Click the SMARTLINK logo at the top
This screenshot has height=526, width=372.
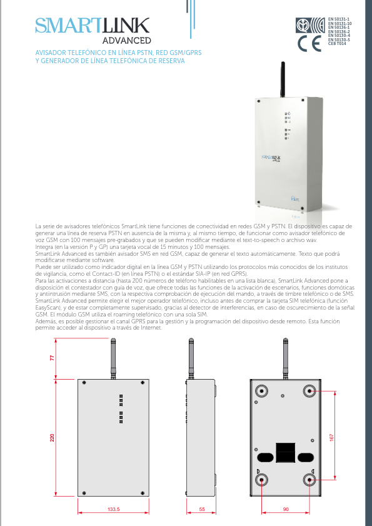click(92, 26)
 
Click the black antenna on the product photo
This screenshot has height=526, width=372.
click(282, 78)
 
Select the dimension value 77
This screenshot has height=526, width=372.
click(53, 357)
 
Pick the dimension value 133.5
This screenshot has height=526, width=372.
click(113, 510)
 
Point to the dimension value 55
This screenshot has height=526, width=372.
click(202, 510)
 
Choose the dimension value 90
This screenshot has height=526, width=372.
click(286, 510)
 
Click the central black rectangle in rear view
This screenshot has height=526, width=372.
click(285, 452)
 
